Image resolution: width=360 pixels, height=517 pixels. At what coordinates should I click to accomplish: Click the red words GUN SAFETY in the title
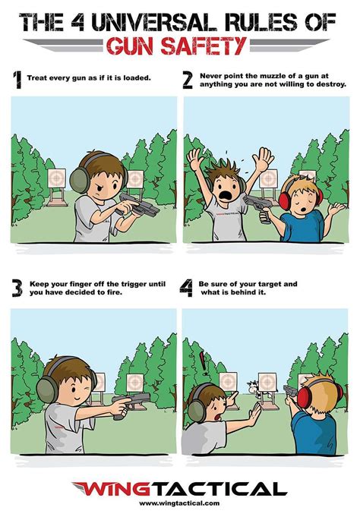176,46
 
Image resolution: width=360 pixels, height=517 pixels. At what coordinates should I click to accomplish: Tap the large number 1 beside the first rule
17,80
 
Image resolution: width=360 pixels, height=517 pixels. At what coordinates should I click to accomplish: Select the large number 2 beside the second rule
188,80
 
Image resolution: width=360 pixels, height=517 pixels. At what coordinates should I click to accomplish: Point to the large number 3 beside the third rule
17,288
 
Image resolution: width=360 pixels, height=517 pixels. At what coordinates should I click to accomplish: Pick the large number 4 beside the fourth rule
186,288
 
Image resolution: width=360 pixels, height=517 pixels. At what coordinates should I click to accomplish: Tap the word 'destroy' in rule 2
331,84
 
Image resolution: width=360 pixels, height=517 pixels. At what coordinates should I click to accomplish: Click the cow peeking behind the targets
253,386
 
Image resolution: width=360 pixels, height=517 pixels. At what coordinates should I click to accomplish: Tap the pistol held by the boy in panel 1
139,205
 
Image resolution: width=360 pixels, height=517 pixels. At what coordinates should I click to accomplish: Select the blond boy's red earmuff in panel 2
285,198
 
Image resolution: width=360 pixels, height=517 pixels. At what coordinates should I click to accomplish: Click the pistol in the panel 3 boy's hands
131,404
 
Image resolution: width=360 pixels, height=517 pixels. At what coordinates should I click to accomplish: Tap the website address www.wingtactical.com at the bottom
179,503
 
